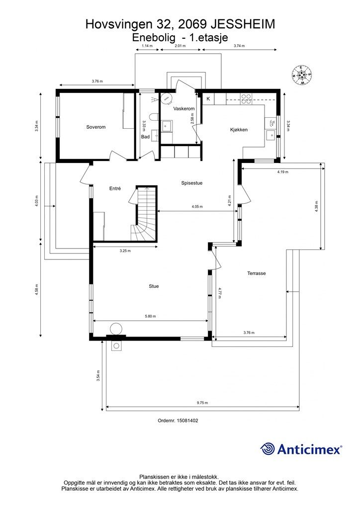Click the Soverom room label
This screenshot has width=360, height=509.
tap(96, 127)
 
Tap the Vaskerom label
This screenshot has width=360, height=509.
tap(184, 108)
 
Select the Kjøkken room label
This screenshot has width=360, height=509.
tap(239, 130)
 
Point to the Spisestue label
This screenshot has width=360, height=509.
tap(191, 183)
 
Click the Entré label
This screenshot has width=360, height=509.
tap(115, 188)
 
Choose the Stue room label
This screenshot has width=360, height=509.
tap(154, 286)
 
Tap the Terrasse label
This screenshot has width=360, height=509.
tap(257, 273)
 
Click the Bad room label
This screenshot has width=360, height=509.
tap(145, 137)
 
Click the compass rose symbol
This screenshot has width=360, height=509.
tap(301, 75)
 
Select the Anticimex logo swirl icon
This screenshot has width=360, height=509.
tap(268, 449)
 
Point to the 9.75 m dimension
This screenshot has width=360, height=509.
tap(202, 403)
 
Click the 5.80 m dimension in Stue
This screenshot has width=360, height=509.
tap(150, 316)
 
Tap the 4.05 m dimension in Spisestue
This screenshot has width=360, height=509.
tap(197, 206)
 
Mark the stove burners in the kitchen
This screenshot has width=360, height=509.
tap(246, 98)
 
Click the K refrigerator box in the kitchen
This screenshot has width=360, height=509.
tap(208, 99)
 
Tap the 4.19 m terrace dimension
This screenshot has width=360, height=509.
tap(282, 172)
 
